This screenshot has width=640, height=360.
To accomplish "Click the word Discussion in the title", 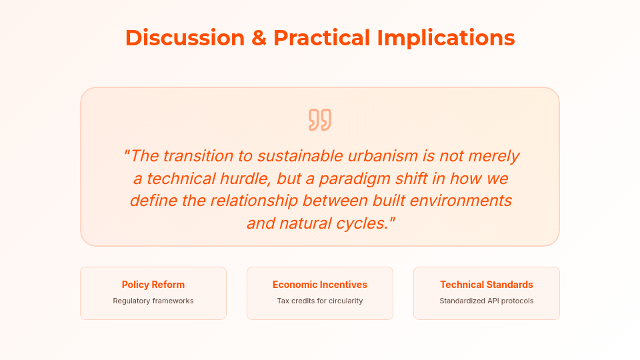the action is tap(185, 38).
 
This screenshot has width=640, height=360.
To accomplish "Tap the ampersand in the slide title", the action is tap(259, 38).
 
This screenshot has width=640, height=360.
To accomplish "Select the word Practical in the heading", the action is tap(321, 38).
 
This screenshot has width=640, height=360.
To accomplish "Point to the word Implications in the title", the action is tap(446, 39).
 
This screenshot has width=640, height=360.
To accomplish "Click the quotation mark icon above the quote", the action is tap(320, 120).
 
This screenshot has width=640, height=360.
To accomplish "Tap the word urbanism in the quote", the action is tap(383, 156).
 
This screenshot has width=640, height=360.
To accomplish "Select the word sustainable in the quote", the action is tap(300, 156).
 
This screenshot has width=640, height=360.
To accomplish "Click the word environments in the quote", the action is tap(461, 201).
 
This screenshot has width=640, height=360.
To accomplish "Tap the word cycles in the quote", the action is tap(365, 224).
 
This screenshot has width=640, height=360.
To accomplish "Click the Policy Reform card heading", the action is tap(153, 285).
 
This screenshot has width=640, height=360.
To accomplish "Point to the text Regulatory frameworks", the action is tap(153, 301).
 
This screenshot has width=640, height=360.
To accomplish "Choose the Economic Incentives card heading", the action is tap(320, 285).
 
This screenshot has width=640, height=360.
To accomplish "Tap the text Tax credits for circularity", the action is tap(320, 301).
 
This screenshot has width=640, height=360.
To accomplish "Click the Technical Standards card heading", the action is tap(487, 285).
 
